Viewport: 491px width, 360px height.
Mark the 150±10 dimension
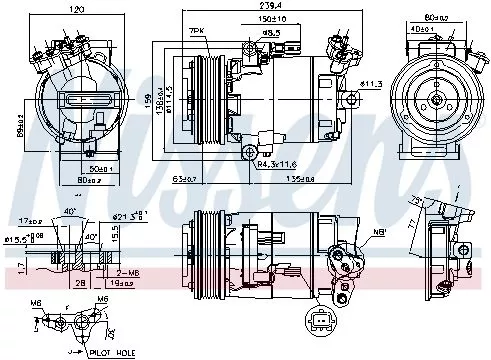(x=266, y=18)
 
